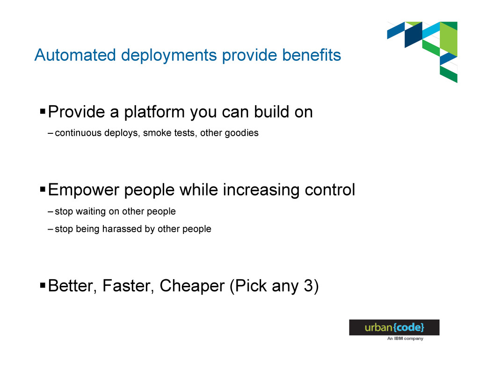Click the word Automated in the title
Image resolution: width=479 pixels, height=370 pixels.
click(75, 55)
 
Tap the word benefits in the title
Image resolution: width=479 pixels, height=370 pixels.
click(312, 55)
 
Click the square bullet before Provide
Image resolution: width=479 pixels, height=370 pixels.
click(43, 110)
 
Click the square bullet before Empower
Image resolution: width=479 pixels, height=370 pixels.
click(43, 189)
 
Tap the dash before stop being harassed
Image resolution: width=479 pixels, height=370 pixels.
click(51, 229)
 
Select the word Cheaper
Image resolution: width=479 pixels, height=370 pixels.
click(192, 286)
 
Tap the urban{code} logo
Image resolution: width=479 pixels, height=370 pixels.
click(394, 327)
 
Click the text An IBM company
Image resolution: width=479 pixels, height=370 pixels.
click(406, 339)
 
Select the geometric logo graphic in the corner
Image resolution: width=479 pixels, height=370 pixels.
click(422, 52)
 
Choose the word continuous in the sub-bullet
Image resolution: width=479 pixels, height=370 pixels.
click(78, 133)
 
